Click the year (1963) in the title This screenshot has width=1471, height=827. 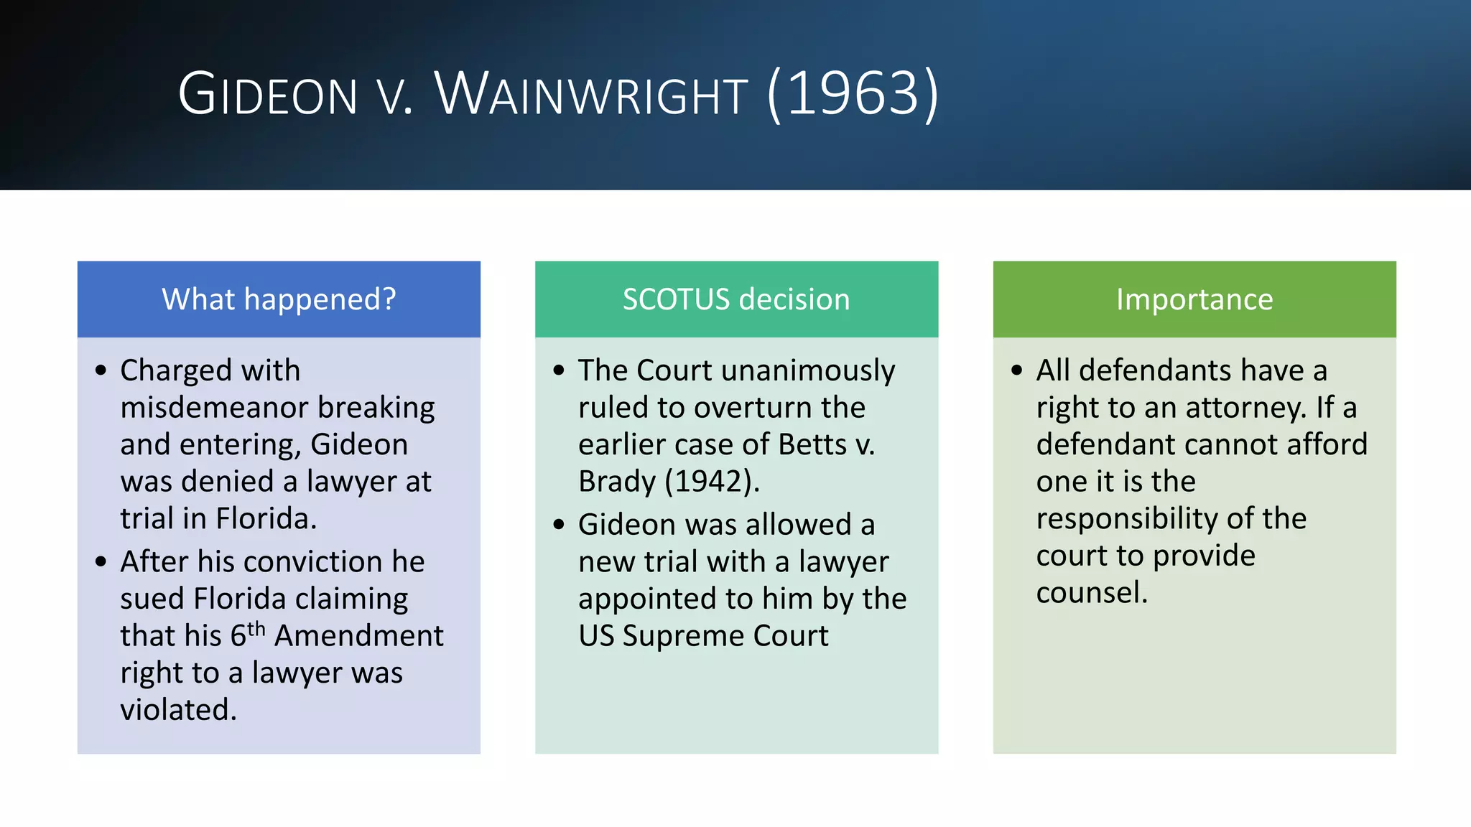853,94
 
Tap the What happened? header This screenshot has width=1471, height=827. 279,299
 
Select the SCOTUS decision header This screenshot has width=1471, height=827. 736,299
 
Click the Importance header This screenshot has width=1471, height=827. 1194,299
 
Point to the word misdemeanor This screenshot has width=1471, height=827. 214,408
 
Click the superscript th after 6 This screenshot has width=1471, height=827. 256,629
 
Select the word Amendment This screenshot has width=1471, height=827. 359,636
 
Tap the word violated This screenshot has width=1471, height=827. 177,710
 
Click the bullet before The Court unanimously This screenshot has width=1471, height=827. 559,370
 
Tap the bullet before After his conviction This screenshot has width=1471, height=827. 101,561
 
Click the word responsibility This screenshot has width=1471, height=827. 1126,519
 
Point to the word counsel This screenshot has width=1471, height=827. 1091,593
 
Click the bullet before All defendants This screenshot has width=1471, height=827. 1016,370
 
